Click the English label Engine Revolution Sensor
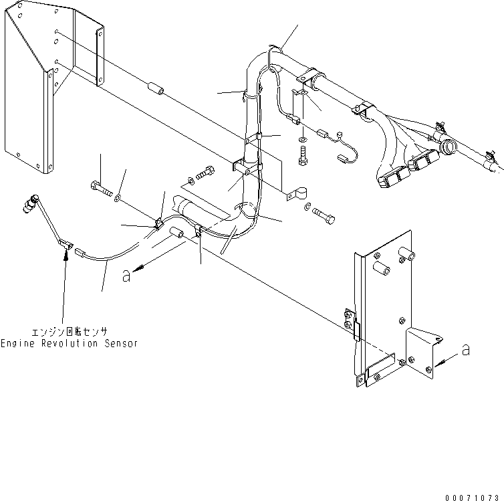(69, 343)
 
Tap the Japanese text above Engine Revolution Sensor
(69, 331)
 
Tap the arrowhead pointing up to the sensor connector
(66, 257)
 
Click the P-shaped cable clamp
(294, 195)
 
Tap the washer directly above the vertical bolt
(303, 140)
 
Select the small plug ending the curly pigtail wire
(344, 159)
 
